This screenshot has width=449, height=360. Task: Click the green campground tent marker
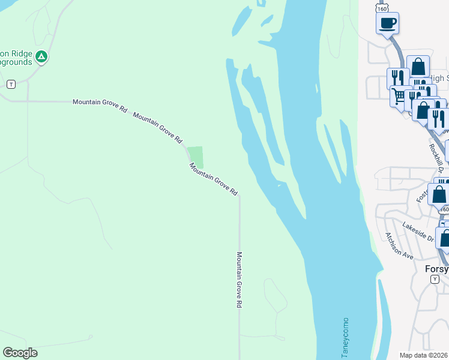[41, 57]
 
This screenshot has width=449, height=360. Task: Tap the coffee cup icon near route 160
[387, 23]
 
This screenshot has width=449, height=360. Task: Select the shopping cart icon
[398, 95]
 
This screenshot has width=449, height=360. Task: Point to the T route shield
[10, 84]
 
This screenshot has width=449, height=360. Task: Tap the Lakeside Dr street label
[418, 232]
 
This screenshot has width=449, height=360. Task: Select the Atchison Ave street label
[400, 245]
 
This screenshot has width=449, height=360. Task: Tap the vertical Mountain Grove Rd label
[239, 280]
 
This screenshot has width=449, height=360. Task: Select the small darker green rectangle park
[195, 157]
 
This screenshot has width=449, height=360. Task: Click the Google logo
[20, 353]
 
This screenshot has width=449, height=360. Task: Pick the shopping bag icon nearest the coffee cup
[418, 67]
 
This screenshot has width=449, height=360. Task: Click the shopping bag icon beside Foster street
[439, 194]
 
